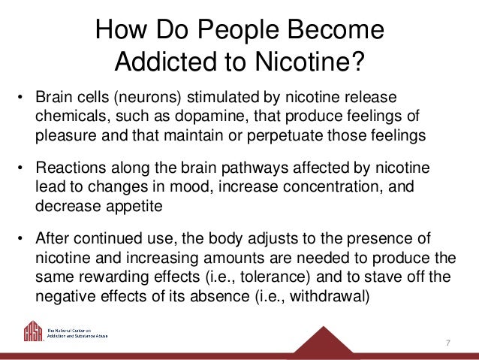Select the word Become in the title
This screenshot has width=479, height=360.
[339, 29]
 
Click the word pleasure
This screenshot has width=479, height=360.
[61, 136]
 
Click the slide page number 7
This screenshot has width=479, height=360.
[447, 343]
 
